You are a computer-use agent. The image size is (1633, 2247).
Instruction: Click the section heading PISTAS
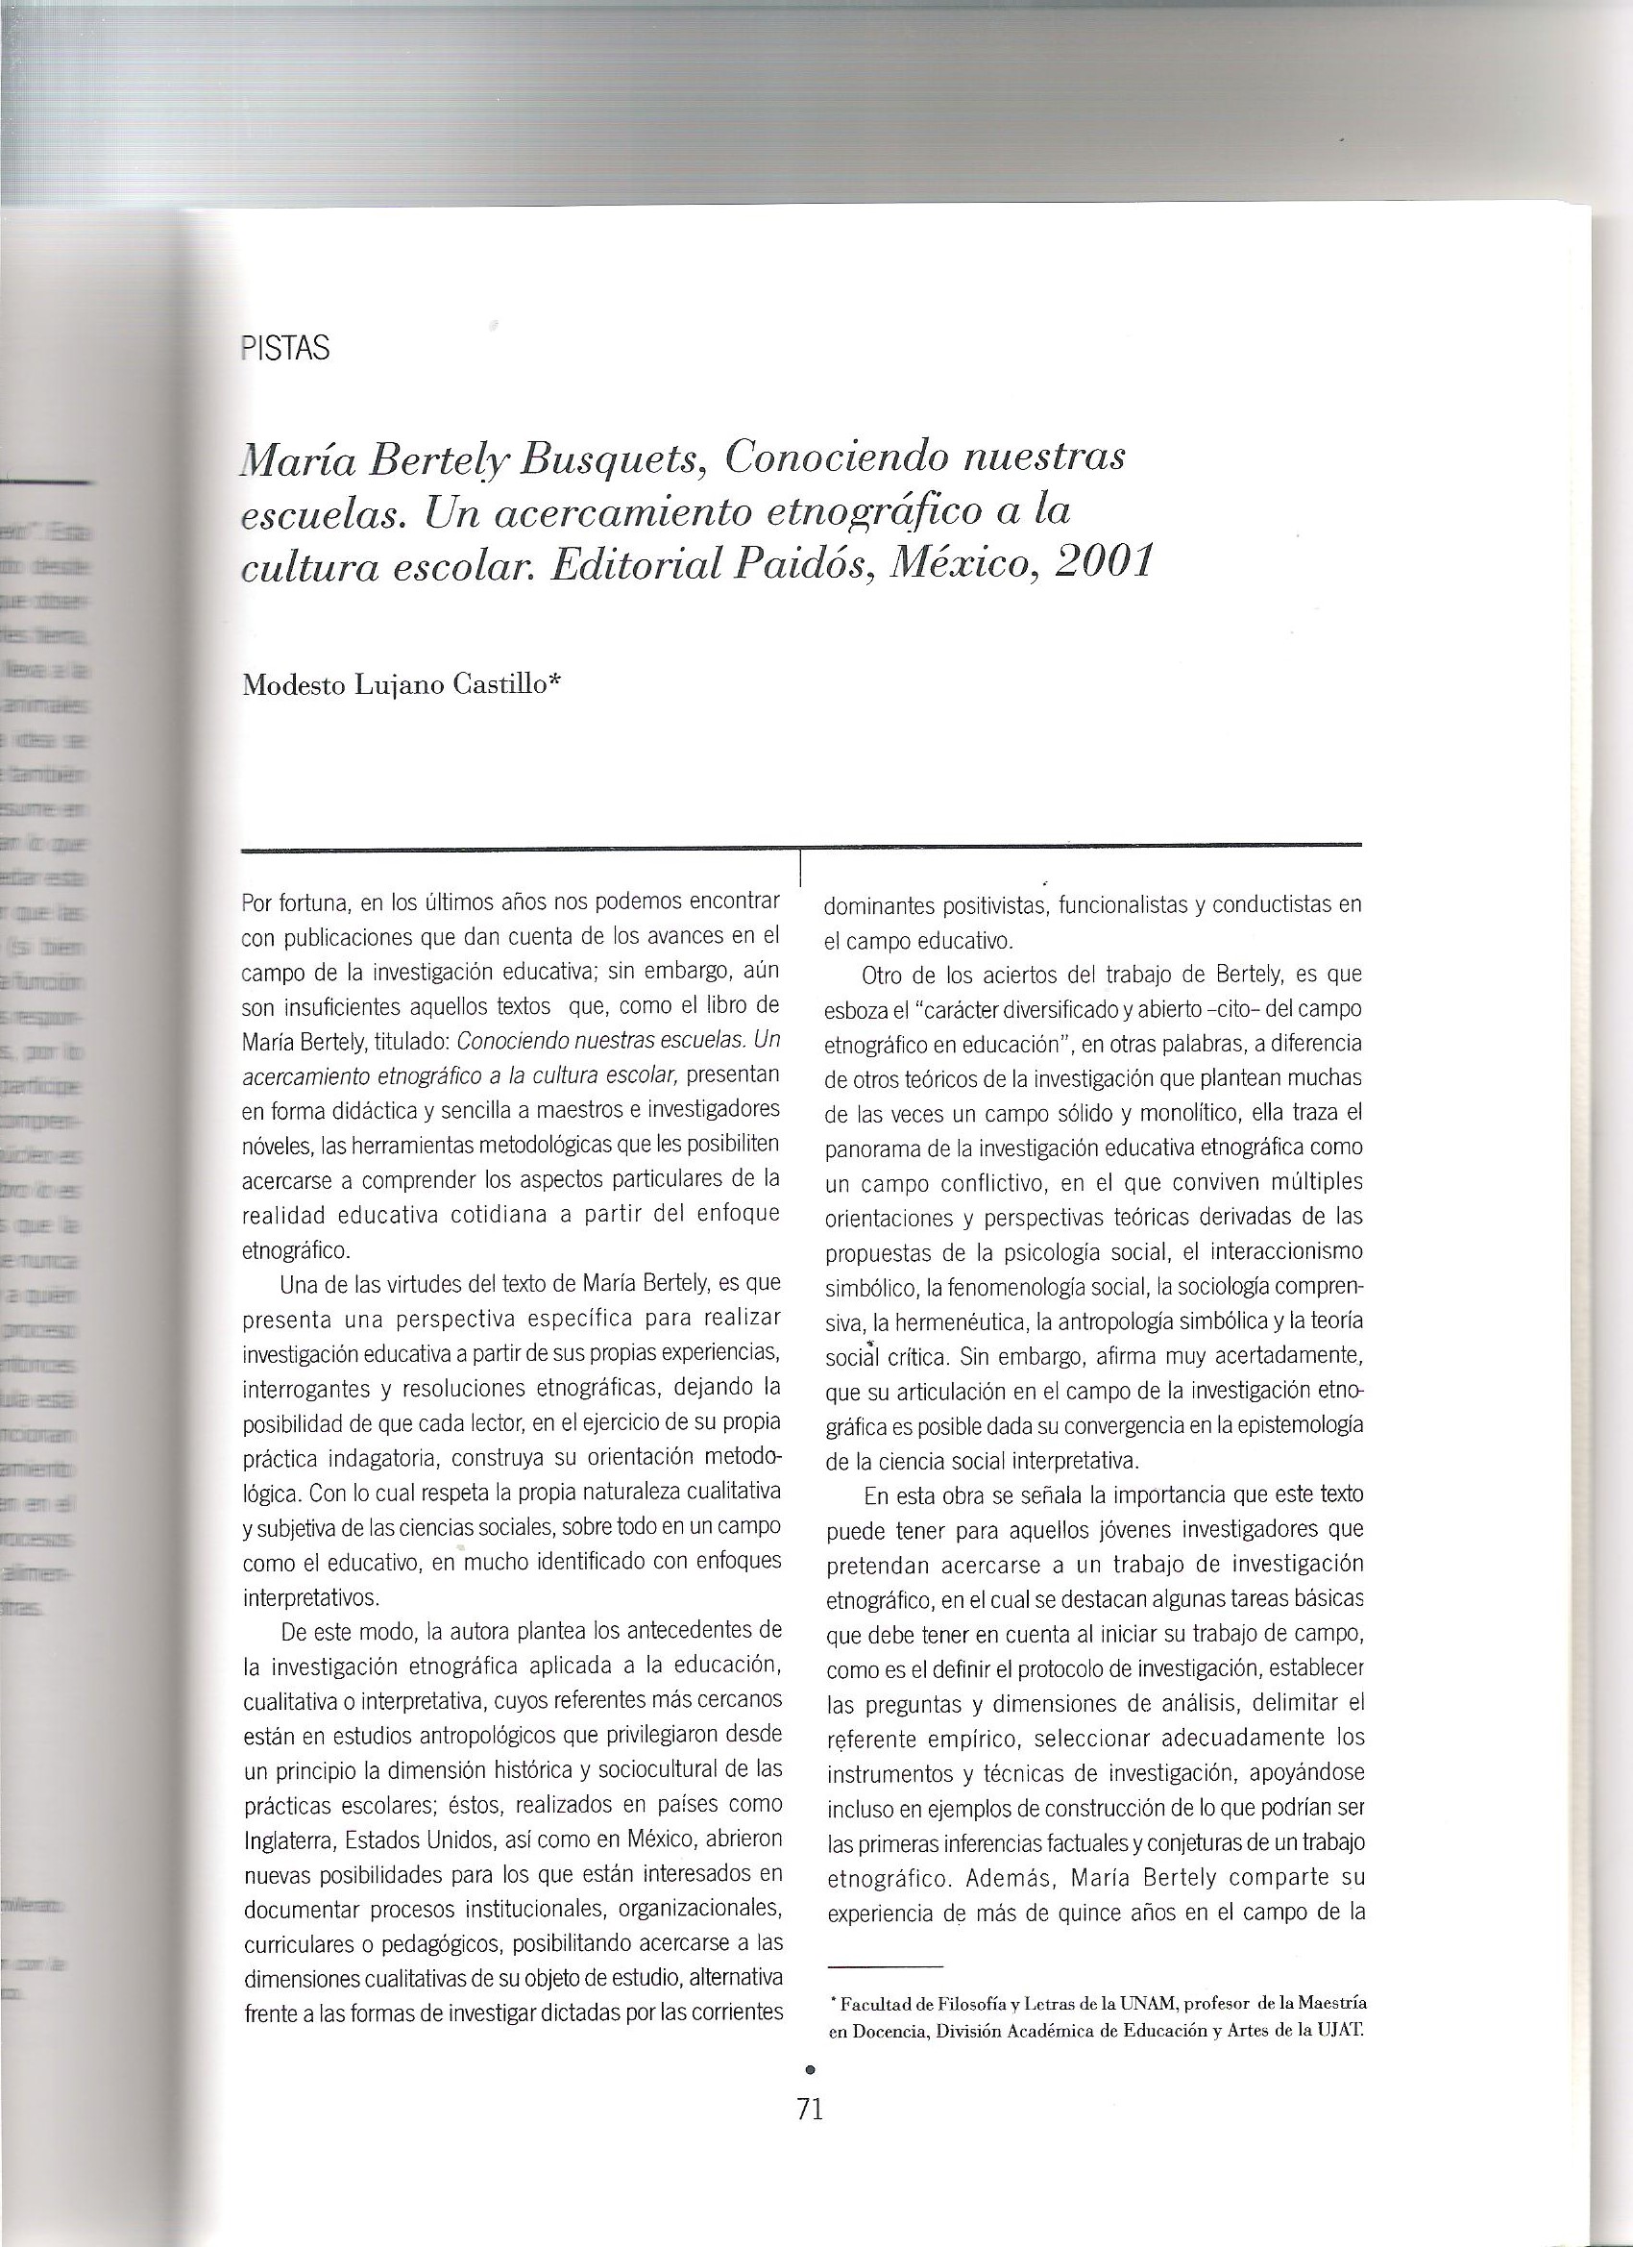(x=285, y=350)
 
